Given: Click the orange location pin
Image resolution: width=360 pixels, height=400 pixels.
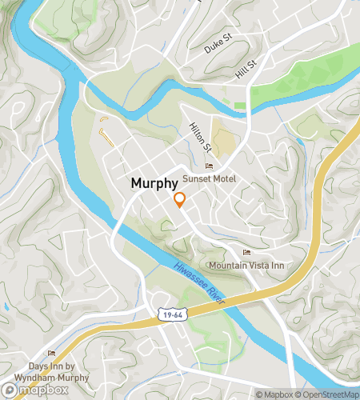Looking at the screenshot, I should [x=180, y=200].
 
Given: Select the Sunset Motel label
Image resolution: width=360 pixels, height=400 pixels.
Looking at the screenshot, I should [x=209, y=178].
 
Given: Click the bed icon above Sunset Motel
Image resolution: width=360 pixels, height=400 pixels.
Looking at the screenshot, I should [x=210, y=166].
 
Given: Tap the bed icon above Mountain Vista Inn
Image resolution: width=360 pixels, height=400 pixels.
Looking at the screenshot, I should [x=246, y=253].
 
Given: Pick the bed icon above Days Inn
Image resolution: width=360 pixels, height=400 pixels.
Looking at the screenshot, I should [x=52, y=353].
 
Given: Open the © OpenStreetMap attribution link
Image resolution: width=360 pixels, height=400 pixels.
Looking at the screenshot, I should [x=329, y=394].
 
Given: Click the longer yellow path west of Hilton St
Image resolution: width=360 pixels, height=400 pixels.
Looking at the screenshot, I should [x=107, y=137].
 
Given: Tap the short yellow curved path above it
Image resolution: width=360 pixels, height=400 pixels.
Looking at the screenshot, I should [x=104, y=121].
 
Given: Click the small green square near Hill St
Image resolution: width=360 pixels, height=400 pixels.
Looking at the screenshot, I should [x=240, y=105].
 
